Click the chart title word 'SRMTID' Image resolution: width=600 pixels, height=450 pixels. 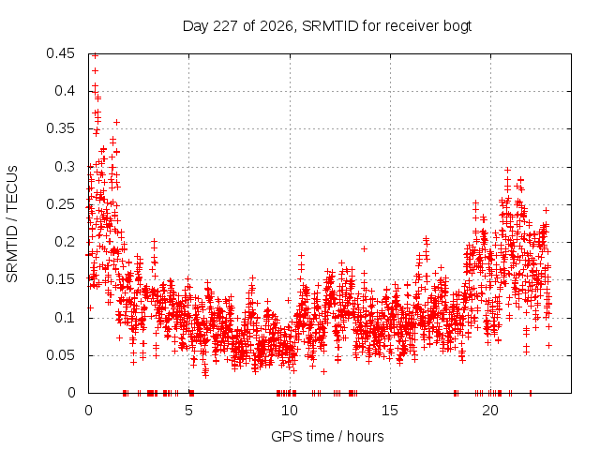tap(330, 26)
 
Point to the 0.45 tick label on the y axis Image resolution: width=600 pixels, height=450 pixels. tap(60, 53)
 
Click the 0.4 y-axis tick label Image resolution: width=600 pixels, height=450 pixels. tap(65, 91)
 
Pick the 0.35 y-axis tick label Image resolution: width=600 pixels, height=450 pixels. tap(60, 128)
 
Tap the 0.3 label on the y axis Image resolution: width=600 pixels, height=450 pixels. tap(65, 167)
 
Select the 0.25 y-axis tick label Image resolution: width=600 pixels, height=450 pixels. tap(60, 204)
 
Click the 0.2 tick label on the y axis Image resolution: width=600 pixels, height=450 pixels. tap(65, 242)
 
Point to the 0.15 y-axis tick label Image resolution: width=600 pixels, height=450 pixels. tap(60, 279)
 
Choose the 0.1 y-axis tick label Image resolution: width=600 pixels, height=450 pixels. tap(65, 318)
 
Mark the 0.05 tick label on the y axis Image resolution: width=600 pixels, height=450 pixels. tap(60, 355)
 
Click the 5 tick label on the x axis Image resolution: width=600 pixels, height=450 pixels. tap(188, 411)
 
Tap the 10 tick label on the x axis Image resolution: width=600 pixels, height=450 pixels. tap(290, 411)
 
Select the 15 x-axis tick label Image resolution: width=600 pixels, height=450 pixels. tap(390, 411)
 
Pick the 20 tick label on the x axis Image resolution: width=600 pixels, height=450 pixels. tap(490, 411)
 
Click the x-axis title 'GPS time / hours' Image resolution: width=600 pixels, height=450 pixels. tap(327, 437)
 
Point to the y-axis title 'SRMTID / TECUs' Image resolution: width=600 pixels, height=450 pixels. tap(12, 224)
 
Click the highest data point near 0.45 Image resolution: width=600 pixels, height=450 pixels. tap(96, 56)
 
